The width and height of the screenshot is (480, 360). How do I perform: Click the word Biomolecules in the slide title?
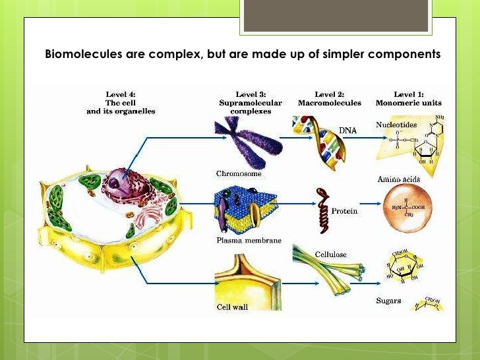(x=82, y=53)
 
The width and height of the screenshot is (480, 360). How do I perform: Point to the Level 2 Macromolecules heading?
(x=329, y=98)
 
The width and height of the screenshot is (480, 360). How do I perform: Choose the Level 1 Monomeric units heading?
(x=408, y=98)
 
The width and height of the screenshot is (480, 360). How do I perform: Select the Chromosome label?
(x=239, y=174)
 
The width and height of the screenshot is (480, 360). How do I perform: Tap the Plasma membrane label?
(x=249, y=241)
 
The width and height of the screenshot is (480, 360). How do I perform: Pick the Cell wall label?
(x=233, y=307)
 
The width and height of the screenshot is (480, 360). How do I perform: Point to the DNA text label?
(x=347, y=131)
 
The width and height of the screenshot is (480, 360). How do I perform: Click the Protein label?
(x=344, y=211)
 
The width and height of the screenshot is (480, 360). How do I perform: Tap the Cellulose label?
(x=330, y=254)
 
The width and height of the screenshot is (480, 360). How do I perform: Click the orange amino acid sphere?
(x=408, y=209)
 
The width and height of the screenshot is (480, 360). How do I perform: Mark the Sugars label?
(x=390, y=300)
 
